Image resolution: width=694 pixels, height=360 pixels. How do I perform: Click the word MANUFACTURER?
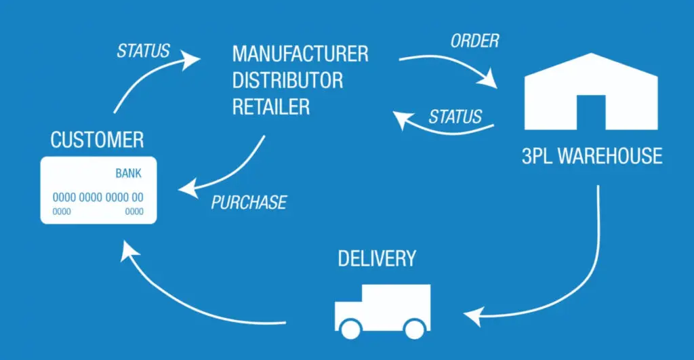pyautogui.click(x=300, y=54)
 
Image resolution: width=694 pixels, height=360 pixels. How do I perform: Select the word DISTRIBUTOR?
pyautogui.click(x=287, y=80)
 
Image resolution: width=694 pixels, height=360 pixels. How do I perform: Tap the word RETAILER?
pyautogui.click(x=271, y=106)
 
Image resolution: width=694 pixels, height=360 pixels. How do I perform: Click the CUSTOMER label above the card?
pyautogui.click(x=97, y=140)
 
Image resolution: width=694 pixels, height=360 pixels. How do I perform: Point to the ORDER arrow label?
pyautogui.click(x=474, y=41)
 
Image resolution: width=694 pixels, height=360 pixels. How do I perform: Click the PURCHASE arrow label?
pyautogui.click(x=249, y=202)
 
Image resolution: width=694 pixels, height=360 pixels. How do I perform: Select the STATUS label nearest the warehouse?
pyautogui.click(x=455, y=117)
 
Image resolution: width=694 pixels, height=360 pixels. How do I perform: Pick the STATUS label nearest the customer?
pyautogui.click(x=143, y=51)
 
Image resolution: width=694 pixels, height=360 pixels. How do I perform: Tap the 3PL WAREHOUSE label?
pyautogui.click(x=592, y=157)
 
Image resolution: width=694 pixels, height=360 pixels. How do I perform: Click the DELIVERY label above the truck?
pyautogui.click(x=377, y=258)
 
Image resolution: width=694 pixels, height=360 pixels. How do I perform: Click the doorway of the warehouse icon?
pyautogui.click(x=590, y=112)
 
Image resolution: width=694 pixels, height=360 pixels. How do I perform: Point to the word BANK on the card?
pyautogui.click(x=128, y=174)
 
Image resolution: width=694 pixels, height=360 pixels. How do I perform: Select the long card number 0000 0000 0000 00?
pyautogui.click(x=98, y=197)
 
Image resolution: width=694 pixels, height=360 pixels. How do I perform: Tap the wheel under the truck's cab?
pyautogui.click(x=350, y=329)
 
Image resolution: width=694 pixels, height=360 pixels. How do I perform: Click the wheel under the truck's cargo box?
pyautogui.click(x=413, y=329)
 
